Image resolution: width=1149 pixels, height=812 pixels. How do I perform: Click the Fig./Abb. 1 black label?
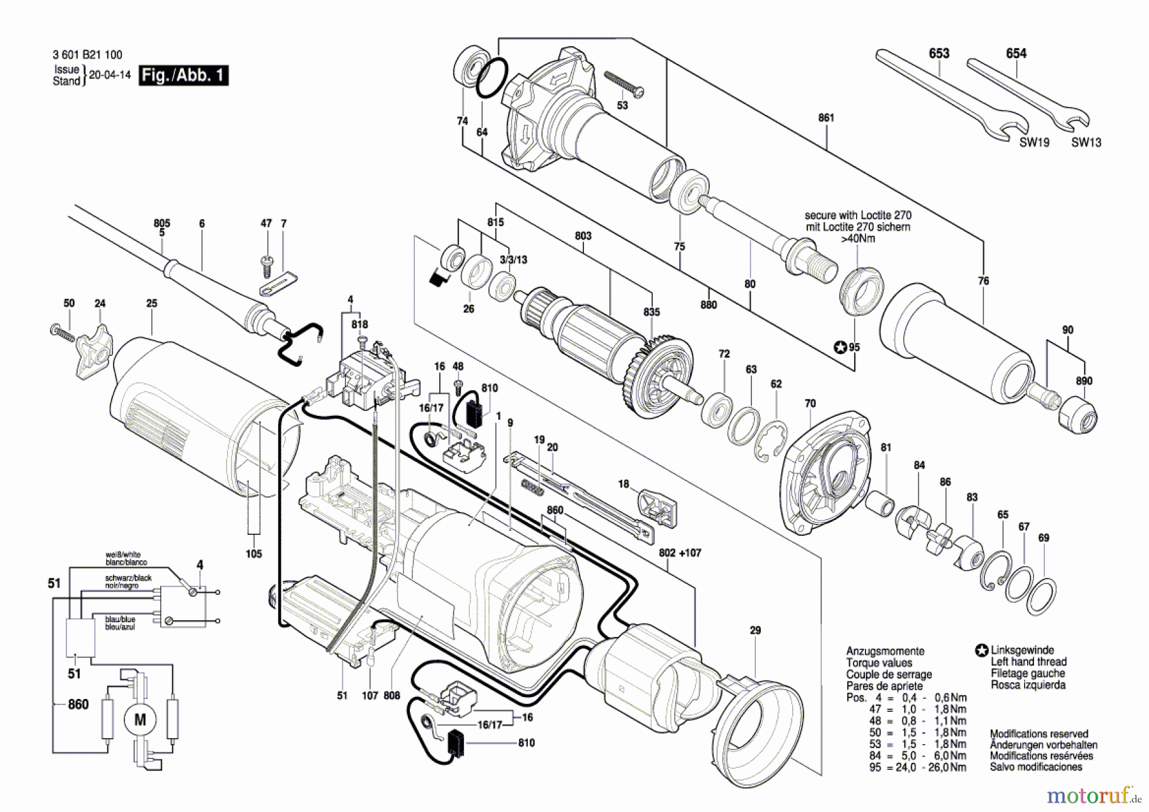(183, 75)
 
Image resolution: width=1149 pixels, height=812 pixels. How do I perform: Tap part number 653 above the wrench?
(939, 54)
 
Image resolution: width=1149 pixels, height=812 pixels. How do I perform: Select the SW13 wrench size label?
(1086, 142)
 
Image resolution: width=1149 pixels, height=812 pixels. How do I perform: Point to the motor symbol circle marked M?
(140, 720)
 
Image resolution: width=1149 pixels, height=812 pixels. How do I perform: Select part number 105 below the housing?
(253, 554)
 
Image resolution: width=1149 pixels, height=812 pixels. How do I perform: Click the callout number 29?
(755, 631)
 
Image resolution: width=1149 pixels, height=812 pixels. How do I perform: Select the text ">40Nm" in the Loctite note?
(857, 238)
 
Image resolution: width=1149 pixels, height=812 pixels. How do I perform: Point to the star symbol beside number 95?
(841, 348)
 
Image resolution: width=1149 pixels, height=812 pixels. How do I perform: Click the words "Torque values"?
(879, 663)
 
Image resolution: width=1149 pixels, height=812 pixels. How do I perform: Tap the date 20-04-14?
(109, 75)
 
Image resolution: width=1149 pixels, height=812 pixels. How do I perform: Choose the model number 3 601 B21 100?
(87, 55)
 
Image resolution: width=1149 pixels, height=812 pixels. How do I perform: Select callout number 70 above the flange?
(810, 404)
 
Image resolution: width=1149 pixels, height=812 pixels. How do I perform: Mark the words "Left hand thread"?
(1028, 662)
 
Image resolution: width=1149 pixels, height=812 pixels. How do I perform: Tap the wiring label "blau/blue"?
(120, 619)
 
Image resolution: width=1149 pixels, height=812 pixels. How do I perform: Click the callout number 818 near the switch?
(359, 325)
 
